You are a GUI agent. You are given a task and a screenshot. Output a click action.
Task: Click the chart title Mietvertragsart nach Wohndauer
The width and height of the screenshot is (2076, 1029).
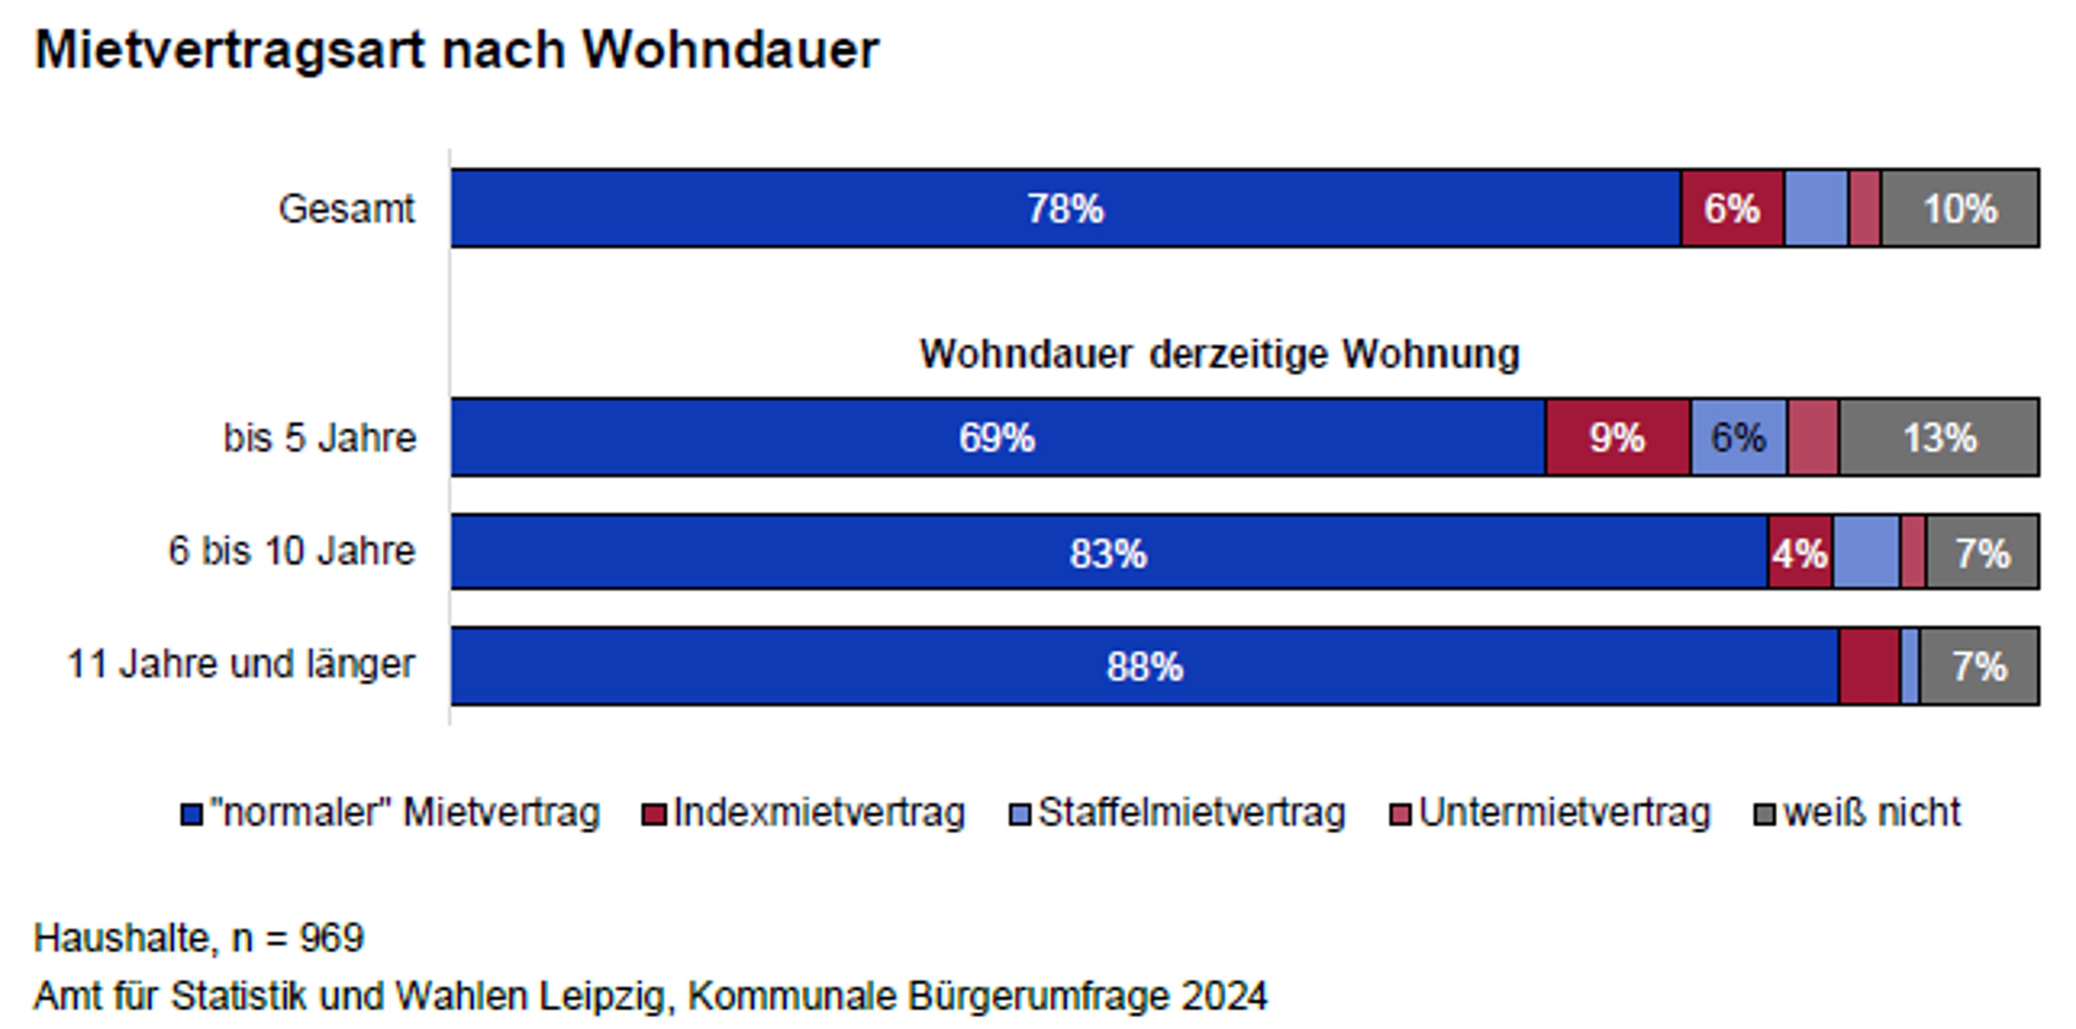457,50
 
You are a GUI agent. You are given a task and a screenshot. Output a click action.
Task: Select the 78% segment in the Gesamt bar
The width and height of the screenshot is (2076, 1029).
1065,209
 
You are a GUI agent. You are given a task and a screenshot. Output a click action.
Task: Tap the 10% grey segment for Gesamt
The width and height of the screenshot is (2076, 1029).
1960,209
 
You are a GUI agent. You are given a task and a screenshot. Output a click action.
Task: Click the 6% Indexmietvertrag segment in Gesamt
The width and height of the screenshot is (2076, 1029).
1732,209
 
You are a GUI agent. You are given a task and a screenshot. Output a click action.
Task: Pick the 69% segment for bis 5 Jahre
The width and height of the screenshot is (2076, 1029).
997,437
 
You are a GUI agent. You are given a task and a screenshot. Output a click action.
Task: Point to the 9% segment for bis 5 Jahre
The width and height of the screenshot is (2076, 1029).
1617,437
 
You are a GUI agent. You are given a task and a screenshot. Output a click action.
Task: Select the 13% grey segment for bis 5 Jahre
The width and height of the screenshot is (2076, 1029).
1939,437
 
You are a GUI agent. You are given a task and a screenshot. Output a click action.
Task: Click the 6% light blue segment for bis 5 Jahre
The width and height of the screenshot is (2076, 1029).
1738,437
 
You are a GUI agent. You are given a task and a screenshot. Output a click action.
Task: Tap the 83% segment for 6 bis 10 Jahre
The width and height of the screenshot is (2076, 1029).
1108,553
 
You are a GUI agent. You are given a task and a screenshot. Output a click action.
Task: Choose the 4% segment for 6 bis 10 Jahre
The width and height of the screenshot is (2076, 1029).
1799,553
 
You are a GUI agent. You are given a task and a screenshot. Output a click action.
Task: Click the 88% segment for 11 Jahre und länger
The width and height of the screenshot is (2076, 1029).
1144,666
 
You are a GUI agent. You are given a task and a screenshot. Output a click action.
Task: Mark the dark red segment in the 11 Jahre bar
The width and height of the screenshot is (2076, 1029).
1869,666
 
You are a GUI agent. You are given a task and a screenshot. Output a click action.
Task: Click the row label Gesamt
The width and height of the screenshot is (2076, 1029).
347,209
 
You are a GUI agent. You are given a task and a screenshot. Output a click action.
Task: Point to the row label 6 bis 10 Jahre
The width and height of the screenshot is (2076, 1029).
292,551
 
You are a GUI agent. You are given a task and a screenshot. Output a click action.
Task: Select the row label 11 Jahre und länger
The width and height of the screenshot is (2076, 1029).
241,664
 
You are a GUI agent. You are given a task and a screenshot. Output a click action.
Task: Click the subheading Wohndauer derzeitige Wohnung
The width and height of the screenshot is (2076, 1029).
1219,354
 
